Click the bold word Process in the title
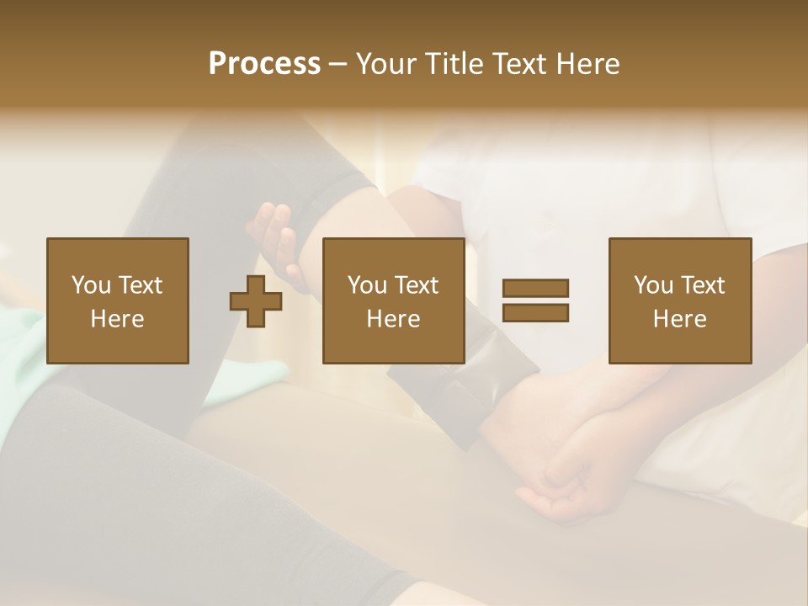point(264,64)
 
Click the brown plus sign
point(256,300)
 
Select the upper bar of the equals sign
point(535,288)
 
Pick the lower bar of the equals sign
point(535,312)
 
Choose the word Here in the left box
point(117,319)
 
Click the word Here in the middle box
point(393,319)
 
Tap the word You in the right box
point(653,285)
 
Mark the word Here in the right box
point(679,319)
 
